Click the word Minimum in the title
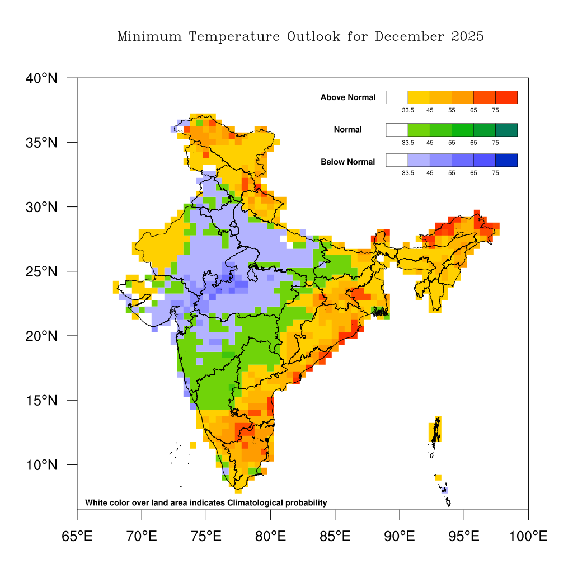[150, 37]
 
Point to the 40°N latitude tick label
[42, 78]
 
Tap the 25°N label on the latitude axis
[42, 272]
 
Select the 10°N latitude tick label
[42, 466]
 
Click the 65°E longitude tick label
[77, 537]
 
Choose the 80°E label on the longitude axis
[270, 537]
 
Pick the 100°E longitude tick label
[528, 537]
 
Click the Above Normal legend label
[348, 97]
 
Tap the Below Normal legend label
[348, 162]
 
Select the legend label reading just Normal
[348, 130]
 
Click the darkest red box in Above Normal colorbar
[506, 97]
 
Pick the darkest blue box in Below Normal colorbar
[506, 160]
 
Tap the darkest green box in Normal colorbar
[506, 130]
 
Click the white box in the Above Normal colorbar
[397, 97]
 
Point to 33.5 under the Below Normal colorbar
[408, 173]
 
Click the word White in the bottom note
[96, 502]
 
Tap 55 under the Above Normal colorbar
[452, 110]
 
